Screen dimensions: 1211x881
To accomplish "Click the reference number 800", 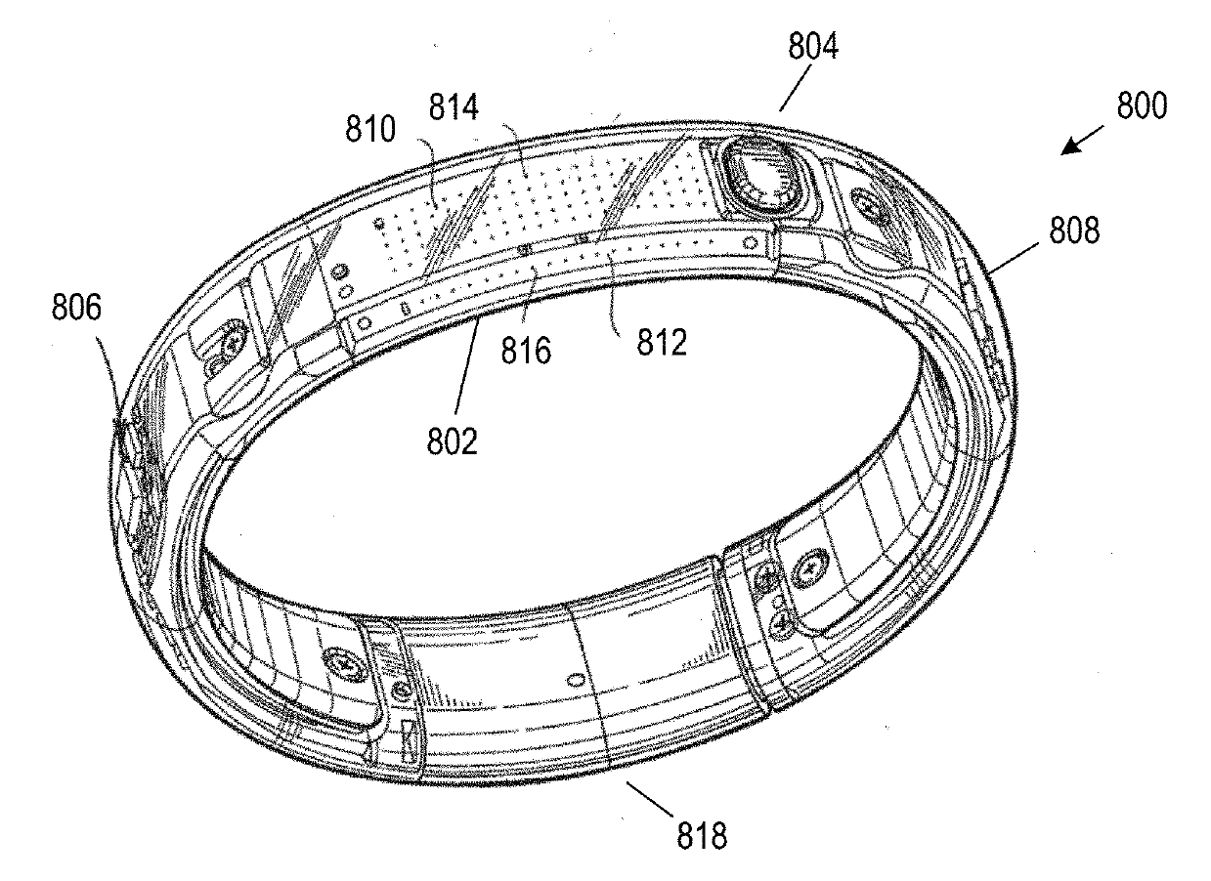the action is click(x=1139, y=105).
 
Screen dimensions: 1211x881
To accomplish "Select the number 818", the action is click(x=700, y=836).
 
